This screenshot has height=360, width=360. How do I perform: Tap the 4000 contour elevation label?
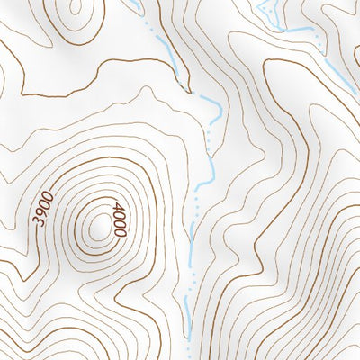pos(119,220)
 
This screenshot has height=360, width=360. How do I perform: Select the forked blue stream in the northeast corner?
pos(267,11)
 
